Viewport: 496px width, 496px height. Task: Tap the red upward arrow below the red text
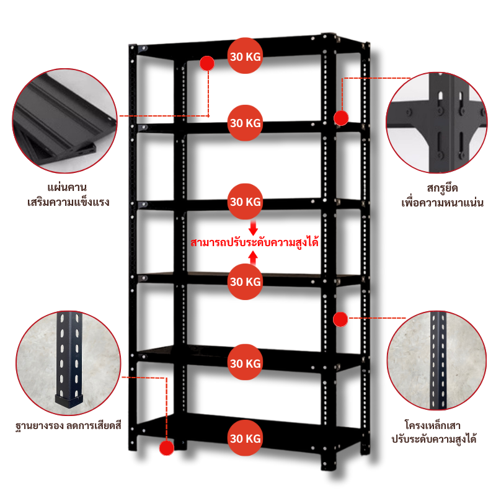[253, 256]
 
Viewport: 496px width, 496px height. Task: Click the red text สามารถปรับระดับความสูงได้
[255, 242]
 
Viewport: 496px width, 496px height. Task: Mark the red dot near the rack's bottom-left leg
[166, 448]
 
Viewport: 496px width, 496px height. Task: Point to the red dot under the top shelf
[207, 63]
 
